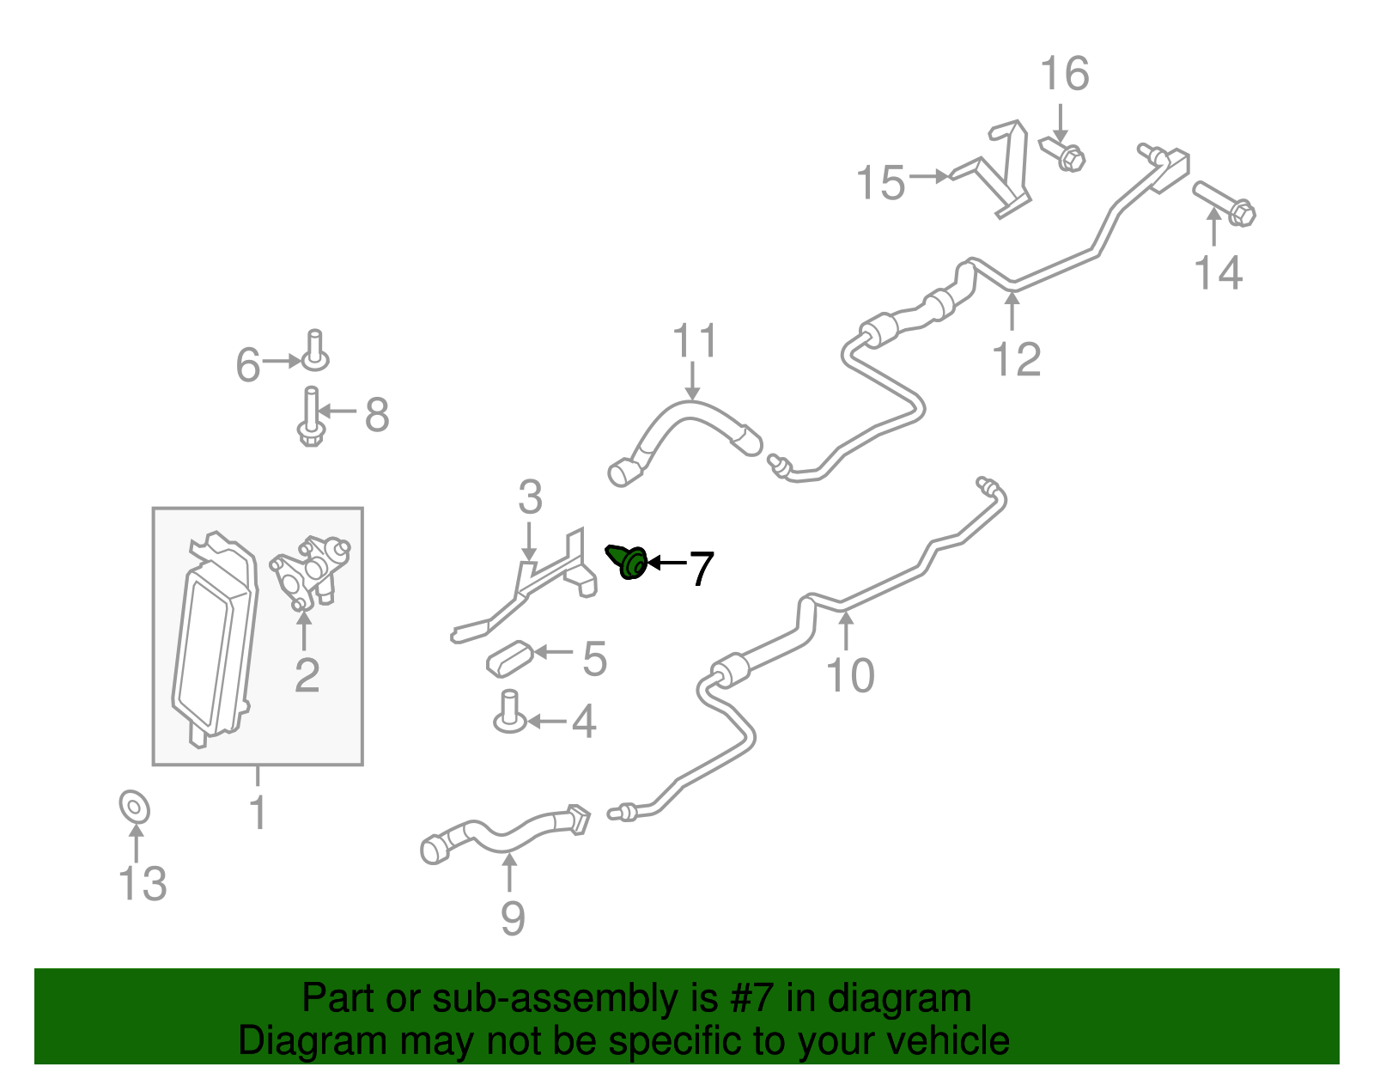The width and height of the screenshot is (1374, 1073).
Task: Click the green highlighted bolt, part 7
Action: coord(628,562)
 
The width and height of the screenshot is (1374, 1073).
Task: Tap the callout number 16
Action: coord(1065,74)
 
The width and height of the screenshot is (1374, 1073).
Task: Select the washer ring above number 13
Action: coord(135,807)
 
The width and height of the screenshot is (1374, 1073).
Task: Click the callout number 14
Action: coord(1218,273)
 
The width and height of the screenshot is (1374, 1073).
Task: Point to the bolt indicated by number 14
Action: coord(1224,204)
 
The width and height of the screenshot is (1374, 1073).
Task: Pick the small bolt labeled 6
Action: coord(315,351)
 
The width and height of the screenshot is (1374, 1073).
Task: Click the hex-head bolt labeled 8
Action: coord(311,417)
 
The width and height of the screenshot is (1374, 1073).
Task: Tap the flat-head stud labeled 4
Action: coord(509,712)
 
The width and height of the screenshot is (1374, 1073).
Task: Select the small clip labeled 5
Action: coord(509,658)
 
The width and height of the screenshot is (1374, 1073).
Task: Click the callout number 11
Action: coord(695,341)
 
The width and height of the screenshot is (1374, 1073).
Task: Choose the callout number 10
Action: coord(850,675)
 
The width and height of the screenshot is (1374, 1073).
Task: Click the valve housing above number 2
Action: coord(311,571)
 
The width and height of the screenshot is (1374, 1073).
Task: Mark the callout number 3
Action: coord(530,497)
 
